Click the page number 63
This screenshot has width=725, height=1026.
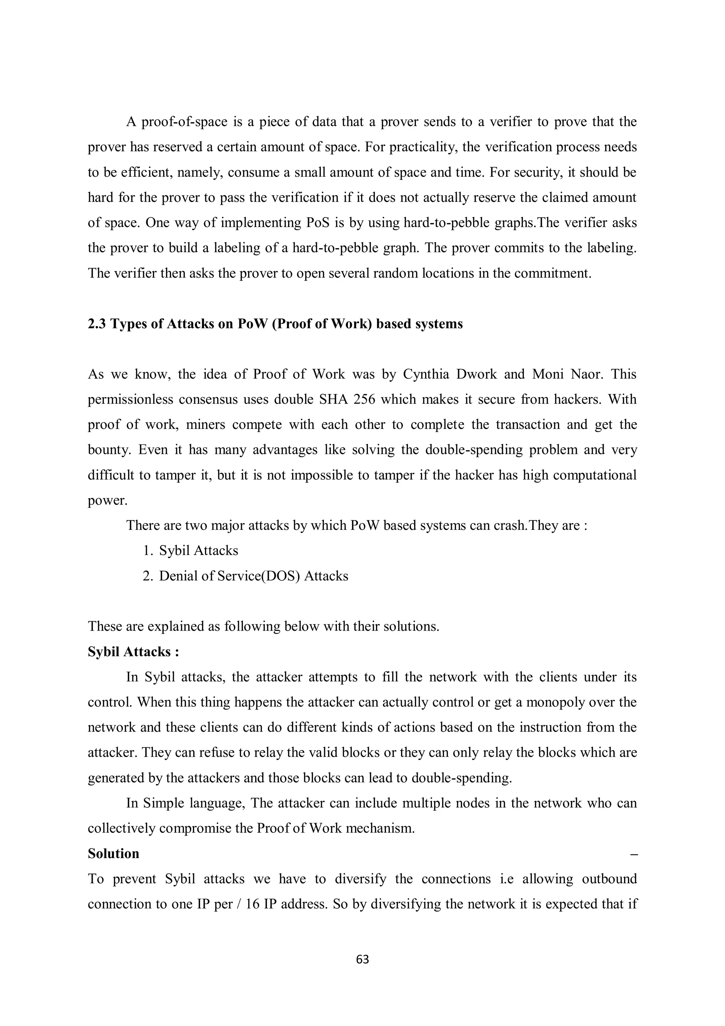(x=362, y=959)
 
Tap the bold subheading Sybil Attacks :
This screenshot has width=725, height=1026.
(x=133, y=652)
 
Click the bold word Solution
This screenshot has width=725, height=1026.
(x=114, y=854)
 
